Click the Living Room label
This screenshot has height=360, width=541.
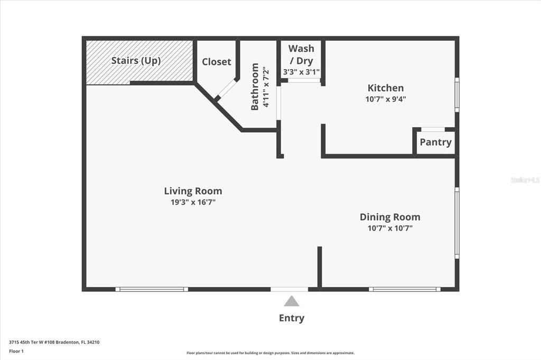pyautogui.click(x=193, y=191)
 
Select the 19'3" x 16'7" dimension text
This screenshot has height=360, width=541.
pyautogui.click(x=193, y=202)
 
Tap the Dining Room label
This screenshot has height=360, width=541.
pyautogui.click(x=390, y=217)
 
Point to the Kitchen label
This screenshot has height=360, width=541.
pyautogui.click(x=386, y=88)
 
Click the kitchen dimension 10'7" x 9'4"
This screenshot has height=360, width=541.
pyautogui.click(x=386, y=99)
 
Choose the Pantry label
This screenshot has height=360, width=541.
pyautogui.click(x=435, y=142)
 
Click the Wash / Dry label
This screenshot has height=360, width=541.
pyautogui.click(x=301, y=54)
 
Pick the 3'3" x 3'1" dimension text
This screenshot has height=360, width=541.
pyautogui.click(x=301, y=72)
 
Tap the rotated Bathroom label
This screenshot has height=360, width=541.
pyautogui.click(x=255, y=87)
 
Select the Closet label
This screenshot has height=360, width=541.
pyautogui.click(x=217, y=62)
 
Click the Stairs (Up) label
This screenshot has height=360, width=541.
pyautogui.click(x=136, y=61)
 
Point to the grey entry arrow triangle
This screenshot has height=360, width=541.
pyautogui.click(x=291, y=301)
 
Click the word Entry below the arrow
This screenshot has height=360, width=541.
pyautogui.click(x=291, y=318)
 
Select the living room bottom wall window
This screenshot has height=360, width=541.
pyautogui.click(x=152, y=289)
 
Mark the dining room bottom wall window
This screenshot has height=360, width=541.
pyautogui.click(x=405, y=289)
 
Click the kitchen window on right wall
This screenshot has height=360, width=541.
pyautogui.click(x=457, y=94)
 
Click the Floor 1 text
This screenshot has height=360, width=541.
pyautogui.click(x=16, y=350)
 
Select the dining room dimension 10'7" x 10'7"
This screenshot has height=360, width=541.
pyautogui.click(x=390, y=228)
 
